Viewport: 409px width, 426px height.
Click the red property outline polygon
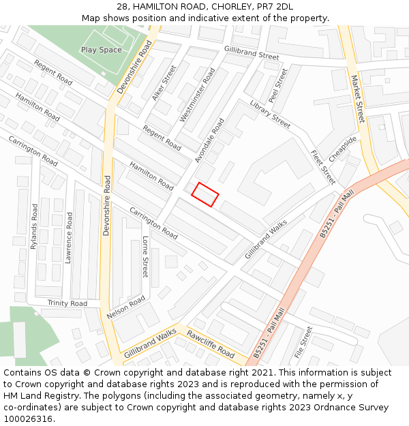[204, 194]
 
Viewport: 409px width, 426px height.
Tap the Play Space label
[102, 50]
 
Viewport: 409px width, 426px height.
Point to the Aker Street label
[164, 84]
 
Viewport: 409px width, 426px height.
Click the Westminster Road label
[197, 95]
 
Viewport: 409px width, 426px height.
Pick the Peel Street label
[278, 85]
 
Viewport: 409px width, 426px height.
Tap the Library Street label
[270, 114]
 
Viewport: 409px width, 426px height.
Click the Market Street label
[357, 99]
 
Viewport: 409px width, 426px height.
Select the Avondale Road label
[209, 140]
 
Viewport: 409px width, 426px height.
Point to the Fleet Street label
[323, 167]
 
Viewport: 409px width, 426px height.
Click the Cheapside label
[342, 149]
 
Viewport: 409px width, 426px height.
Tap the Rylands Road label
[34, 226]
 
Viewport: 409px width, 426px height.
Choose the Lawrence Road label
[69, 237]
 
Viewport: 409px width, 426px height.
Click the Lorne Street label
[145, 256]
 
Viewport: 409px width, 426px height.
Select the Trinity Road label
[67, 303]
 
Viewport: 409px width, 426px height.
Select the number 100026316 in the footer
[29, 419]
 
